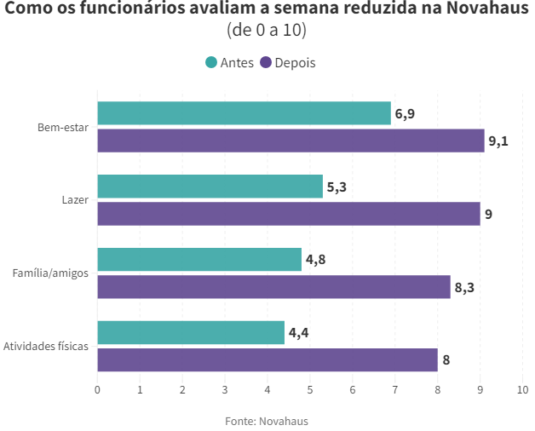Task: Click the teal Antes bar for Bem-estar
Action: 244,113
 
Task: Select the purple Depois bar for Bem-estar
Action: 291,141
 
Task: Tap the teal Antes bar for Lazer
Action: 210,187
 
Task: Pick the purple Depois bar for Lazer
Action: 289,214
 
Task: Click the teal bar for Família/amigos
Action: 199,260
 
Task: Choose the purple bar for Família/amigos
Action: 273,287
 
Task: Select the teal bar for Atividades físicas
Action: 191,333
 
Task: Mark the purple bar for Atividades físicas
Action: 267,360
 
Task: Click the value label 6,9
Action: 405,114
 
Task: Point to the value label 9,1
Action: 498,141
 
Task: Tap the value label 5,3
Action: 337,187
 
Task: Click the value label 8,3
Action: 464,288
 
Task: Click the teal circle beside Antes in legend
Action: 211,62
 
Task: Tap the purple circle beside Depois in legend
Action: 266,62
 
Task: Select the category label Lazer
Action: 75,200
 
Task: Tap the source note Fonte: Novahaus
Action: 267,421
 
